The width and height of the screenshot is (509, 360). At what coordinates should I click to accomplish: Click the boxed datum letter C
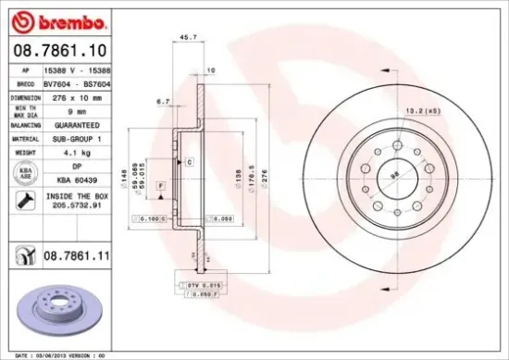pyautogui.click(x=190, y=161)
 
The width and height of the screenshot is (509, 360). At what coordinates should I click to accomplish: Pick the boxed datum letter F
pyautogui.click(x=160, y=186)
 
